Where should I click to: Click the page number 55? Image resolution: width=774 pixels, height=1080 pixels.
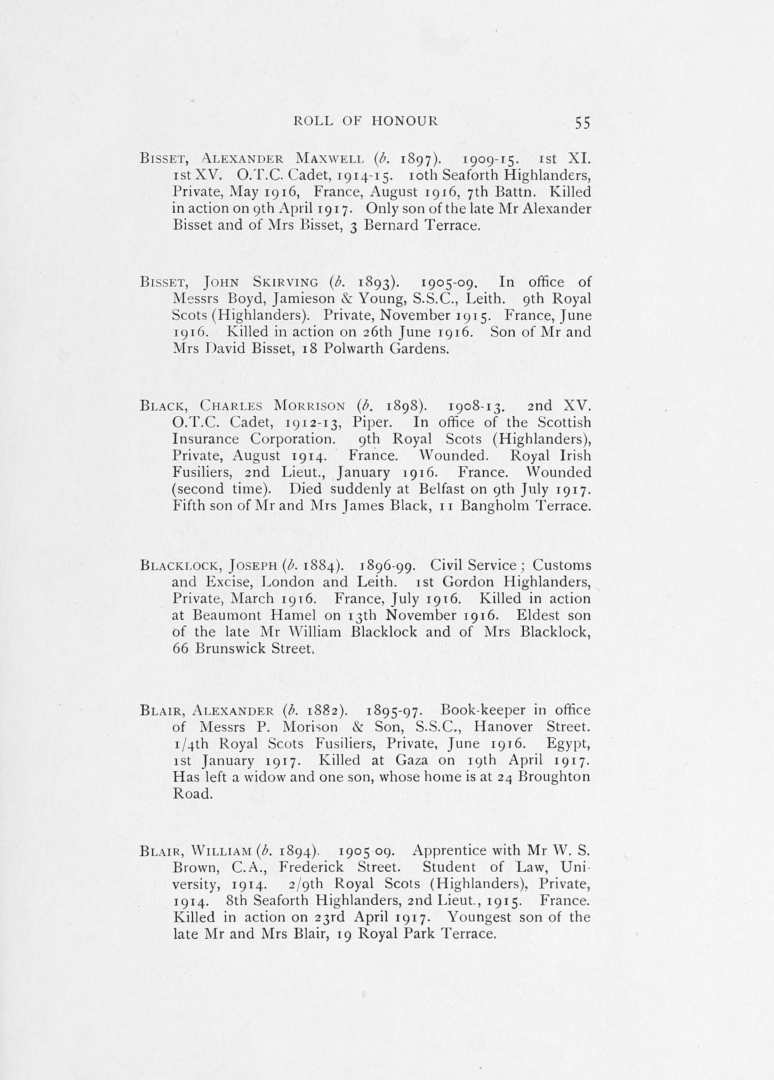[x=582, y=123]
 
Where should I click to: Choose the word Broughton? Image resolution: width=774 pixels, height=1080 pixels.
[x=554, y=777]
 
